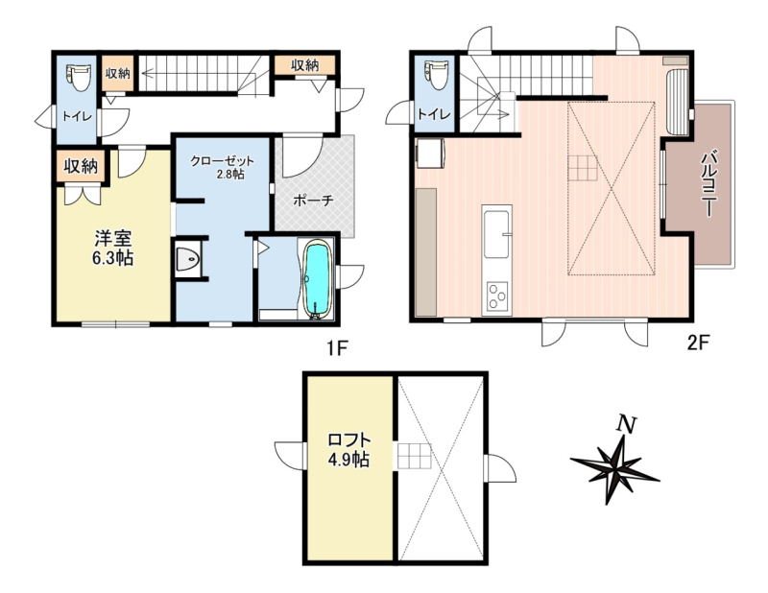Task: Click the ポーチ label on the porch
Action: pyautogui.click(x=314, y=201)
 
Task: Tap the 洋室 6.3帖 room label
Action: pyautogui.click(x=113, y=249)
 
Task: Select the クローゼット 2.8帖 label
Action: pyautogui.click(x=222, y=167)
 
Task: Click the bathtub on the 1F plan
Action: pyautogui.click(x=319, y=279)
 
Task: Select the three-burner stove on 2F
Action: pyautogui.click(x=496, y=296)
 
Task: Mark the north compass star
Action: pyautogui.click(x=614, y=468)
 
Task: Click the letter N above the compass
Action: pyautogui.click(x=626, y=423)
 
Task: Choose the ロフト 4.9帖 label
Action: pyautogui.click(x=348, y=450)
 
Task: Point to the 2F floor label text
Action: pyautogui.click(x=699, y=343)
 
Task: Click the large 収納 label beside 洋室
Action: pyautogui.click(x=81, y=167)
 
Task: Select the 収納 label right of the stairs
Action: pyautogui.click(x=304, y=64)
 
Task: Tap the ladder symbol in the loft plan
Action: pyautogui.click(x=414, y=457)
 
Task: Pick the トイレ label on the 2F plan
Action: pyautogui.click(x=434, y=114)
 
